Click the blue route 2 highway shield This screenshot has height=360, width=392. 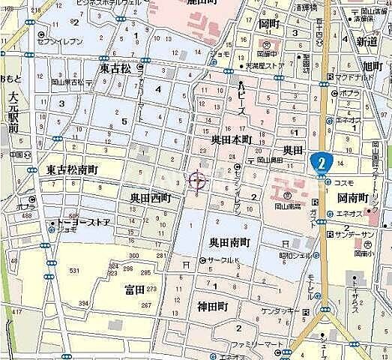pyautogui.click(x=323, y=161)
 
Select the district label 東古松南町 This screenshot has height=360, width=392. pyautogui.click(x=72, y=170)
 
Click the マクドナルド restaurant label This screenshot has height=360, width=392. pyautogui.click(x=356, y=76)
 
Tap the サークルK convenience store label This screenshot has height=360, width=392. pyautogui.click(x=224, y=260)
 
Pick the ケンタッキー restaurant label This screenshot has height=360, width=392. pyautogui.click(x=280, y=310)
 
